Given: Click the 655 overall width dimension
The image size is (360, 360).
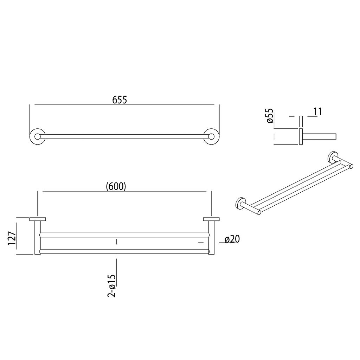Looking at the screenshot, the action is pos(120,100).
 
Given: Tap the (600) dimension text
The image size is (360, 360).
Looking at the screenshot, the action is pos(116,186).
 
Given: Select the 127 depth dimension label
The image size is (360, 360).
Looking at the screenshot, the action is pos(12,238).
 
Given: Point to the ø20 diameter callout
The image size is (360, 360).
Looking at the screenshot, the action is pos(232,239).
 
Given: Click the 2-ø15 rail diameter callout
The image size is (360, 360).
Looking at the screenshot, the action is pos(111,285).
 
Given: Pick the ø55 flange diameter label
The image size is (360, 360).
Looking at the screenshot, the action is pos(270,116).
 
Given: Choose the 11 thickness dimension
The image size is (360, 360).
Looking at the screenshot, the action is pos(318,111).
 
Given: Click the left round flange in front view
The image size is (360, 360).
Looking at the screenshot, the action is pos(37,137).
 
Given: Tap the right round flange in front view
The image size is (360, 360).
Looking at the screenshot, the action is pos(211,137).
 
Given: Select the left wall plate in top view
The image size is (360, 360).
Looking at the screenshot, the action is pos(37,219).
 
